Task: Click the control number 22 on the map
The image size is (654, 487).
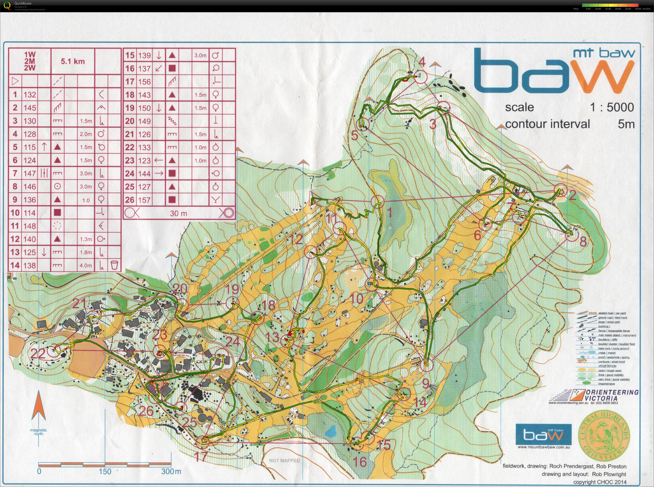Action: click(38, 353)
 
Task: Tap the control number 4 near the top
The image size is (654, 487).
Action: click(422, 62)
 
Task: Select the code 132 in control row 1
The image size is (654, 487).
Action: click(30, 95)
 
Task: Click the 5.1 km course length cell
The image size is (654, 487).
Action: click(73, 61)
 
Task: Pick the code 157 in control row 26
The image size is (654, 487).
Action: click(144, 200)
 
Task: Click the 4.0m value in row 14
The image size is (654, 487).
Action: click(85, 266)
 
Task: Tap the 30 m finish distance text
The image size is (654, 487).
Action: click(178, 213)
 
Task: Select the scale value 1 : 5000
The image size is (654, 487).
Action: click(612, 107)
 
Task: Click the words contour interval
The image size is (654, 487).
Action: click(547, 124)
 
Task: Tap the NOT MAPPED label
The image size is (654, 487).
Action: click(284, 460)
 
